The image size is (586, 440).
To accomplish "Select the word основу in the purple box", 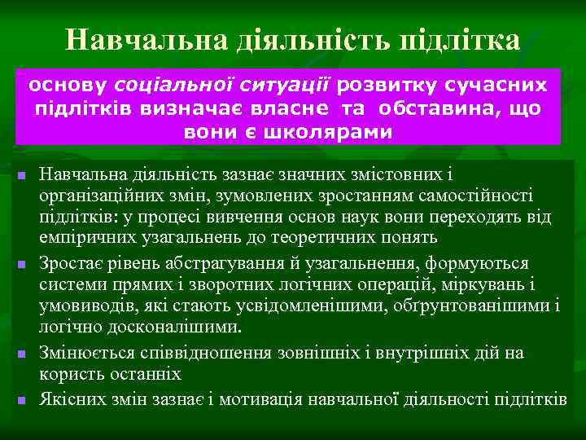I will [x=70, y=85].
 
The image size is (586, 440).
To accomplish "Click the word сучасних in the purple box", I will [x=502, y=85].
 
